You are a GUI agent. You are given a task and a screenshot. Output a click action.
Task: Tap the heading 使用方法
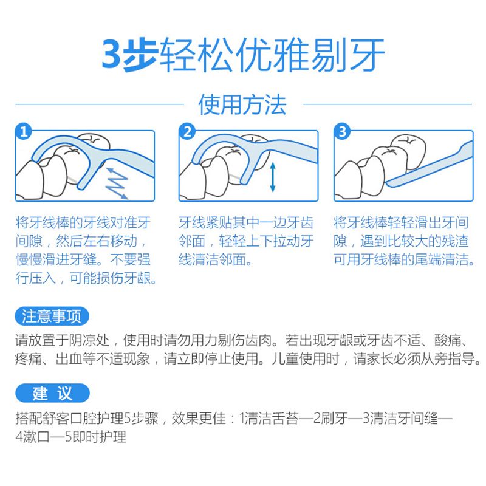pyautogui.click(x=242, y=104)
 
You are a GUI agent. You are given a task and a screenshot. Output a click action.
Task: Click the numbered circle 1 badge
pyautogui.click(x=24, y=131)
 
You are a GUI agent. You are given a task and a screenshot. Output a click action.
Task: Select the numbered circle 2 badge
pyautogui.click(x=187, y=131)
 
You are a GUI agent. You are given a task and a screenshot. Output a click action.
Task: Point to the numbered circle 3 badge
pyautogui.click(x=342, y=131)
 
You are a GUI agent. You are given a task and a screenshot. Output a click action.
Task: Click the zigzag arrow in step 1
pyautogui.click(x=117, y=183)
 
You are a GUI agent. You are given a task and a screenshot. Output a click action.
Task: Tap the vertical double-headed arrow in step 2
pyautogui.click(x=273, y=177)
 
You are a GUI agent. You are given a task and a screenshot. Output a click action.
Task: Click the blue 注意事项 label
pyautogui.click(x=52, y=316)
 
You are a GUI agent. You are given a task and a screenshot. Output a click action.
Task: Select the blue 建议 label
pyautogui.click(x=52, y=393)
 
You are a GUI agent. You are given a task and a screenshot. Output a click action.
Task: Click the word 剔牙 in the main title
pyautogui.click(x=348, y=55)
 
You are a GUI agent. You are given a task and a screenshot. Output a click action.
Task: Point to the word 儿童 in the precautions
pyautogui.click(x=286, y=358)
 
